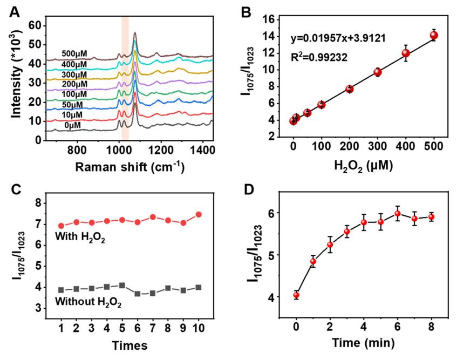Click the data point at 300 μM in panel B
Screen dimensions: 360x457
click(x=377, y=72)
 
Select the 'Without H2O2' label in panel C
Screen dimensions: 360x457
click(x=89, y=302)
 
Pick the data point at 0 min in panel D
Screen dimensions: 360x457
click(x=296, y=295)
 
